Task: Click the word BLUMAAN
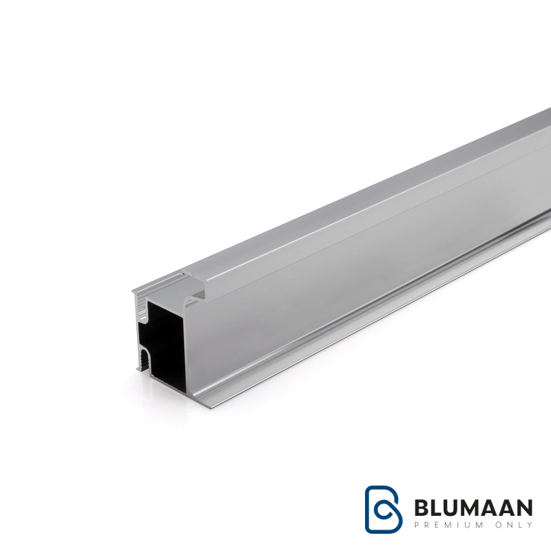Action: (x=473, y=508)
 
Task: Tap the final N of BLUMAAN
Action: (x=524, y=508)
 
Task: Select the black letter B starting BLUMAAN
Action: (x=421, y=508)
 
